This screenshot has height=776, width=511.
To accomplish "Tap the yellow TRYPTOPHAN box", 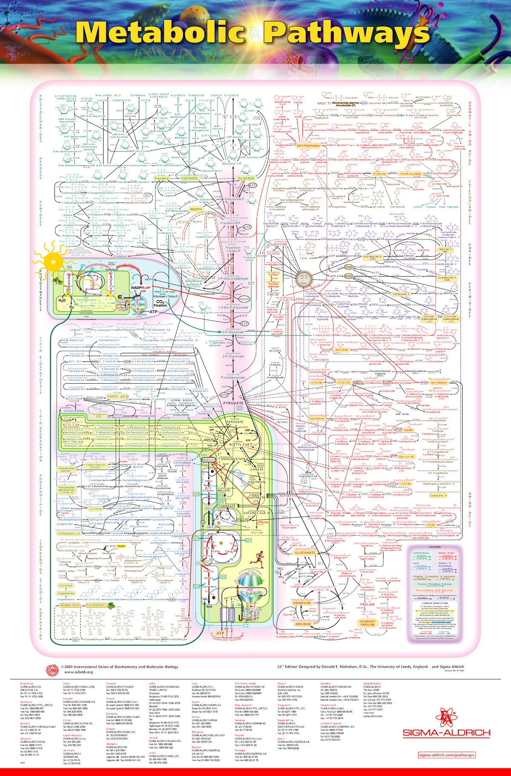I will pyautogui.click(x=308, y=146).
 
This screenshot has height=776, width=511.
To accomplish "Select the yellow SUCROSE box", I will pyautogui.click(x=189, y=178).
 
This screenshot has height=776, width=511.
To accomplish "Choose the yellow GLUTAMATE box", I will pyautogui.click(x=305, y=553).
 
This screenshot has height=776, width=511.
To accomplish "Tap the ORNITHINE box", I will pyautogui.click(x=302, y=603).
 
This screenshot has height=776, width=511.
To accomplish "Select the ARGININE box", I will pyautogui.click(x=304, y=624).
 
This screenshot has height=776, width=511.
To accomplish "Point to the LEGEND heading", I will pyautogui.click(x=434, y=547).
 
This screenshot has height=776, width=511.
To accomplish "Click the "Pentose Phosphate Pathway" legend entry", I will pyautogui.click(x=434, y=584).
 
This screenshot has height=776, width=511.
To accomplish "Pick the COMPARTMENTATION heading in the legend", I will pyautogui.click(x=434, y=603).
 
